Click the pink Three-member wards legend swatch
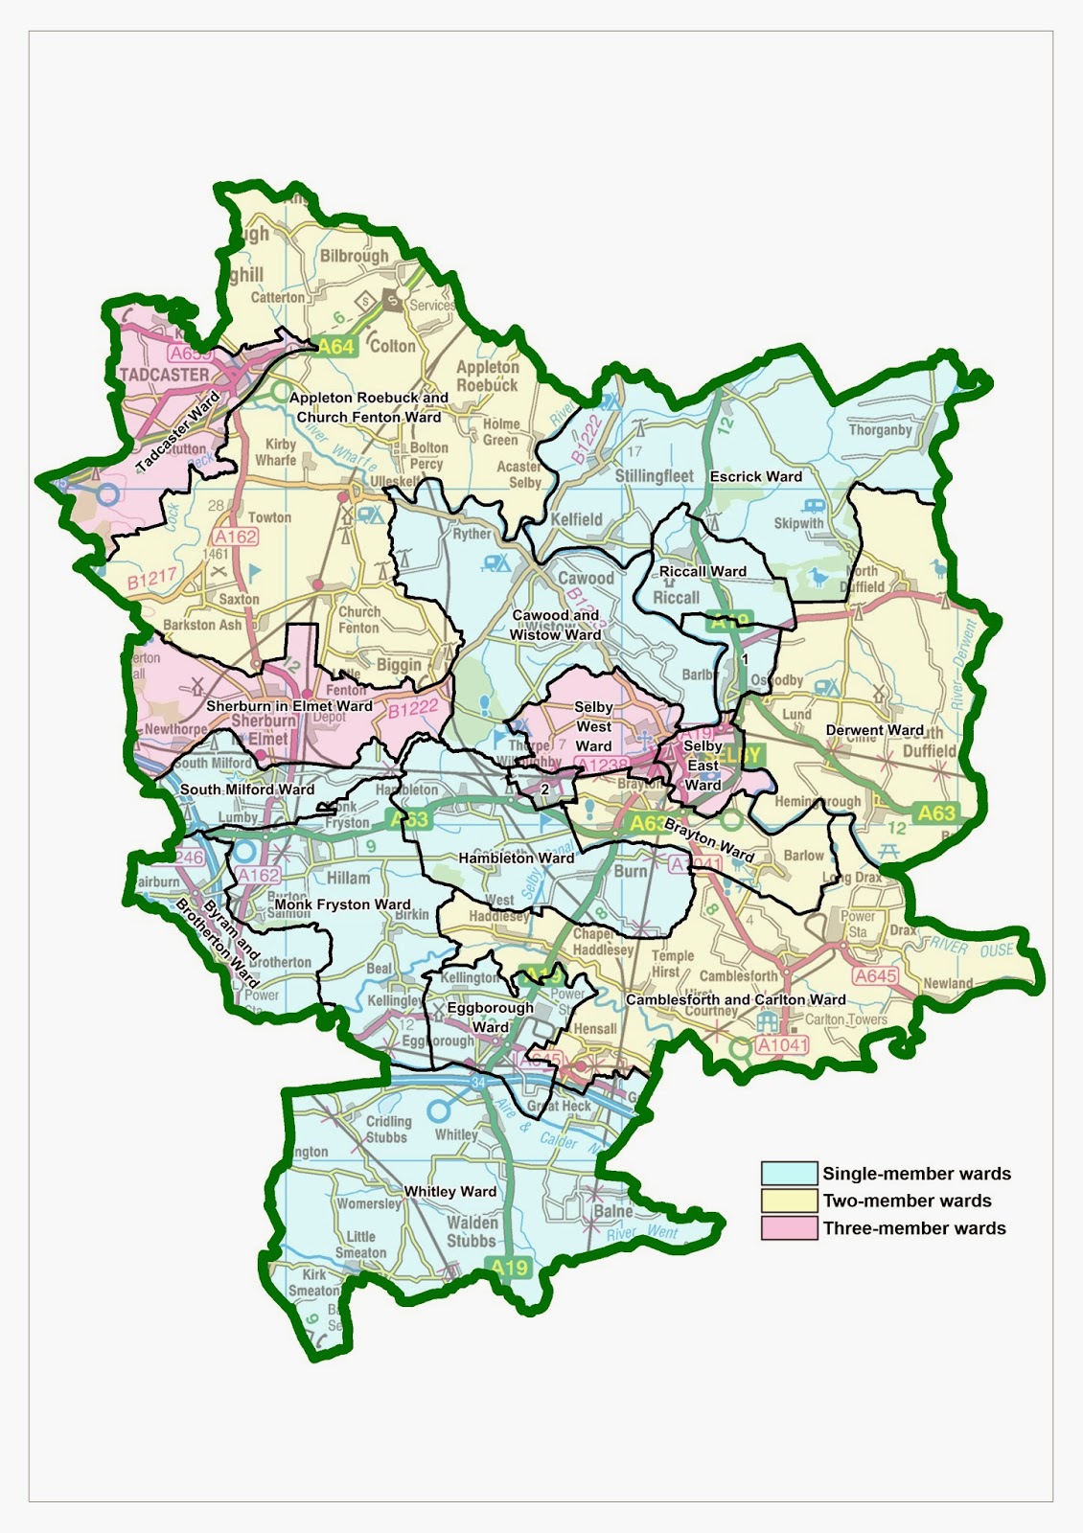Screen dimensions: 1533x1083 click(x=789, y=1228)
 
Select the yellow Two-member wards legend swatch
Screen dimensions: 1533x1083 click(x=789, y=1201)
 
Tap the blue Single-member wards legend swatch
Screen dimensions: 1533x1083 click(x=789, y=1173)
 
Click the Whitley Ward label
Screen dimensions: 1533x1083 click(x=449, y=1192)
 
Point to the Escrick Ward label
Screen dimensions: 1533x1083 click(x=755, y=476)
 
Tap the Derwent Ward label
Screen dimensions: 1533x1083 click(x=874, y=730)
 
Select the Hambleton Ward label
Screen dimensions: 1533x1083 click(x=516, y=858)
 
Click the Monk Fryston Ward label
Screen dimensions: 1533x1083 click(x=342, y=904)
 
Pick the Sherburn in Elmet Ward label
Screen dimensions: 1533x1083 click(x=288, y=706)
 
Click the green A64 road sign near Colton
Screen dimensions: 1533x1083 click(x=335, y=347)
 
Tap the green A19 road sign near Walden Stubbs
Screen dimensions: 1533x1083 click(x=509, y=1268)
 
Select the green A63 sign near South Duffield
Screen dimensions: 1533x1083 click(x=935, y=813)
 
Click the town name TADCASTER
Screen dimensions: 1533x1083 click(x=165, y=375)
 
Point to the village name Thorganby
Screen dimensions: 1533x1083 click(x=880, y=430)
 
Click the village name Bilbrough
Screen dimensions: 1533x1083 click(x=354, y=256)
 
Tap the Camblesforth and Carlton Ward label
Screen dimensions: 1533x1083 click(x=735, y=999)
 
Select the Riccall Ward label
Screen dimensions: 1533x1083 click(x=703, y=571)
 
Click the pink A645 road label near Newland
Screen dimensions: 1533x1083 click(x=874, y=976)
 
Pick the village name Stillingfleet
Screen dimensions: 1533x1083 click(x=654, y=476)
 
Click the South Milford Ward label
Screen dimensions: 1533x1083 click(x=246, y=789)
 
